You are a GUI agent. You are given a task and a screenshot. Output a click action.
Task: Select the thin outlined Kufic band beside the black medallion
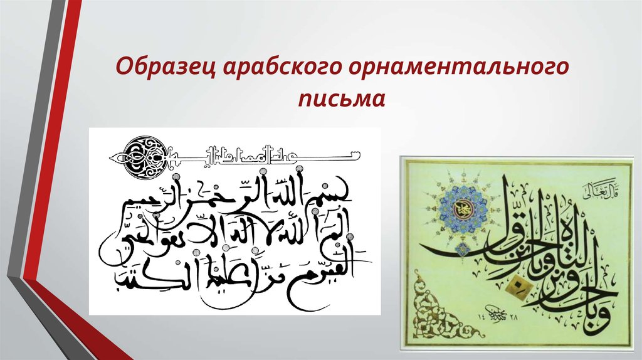[x=263, y=152]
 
